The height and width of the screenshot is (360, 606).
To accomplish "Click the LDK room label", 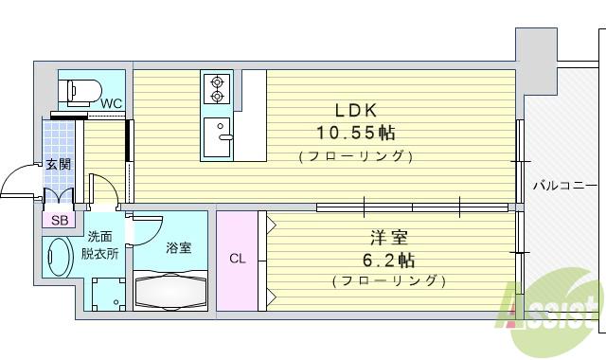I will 353,109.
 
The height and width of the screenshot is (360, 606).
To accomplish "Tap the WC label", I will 111,103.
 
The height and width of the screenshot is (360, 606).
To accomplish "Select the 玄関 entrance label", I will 59,165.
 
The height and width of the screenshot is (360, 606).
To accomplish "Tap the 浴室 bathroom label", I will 179,247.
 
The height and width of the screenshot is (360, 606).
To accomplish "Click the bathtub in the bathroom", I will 170,289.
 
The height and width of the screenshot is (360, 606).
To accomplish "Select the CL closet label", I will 237,258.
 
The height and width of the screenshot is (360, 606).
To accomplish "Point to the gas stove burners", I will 217,88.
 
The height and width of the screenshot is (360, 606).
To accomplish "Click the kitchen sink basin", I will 219,137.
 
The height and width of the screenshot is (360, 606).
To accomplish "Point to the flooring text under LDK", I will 353,155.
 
